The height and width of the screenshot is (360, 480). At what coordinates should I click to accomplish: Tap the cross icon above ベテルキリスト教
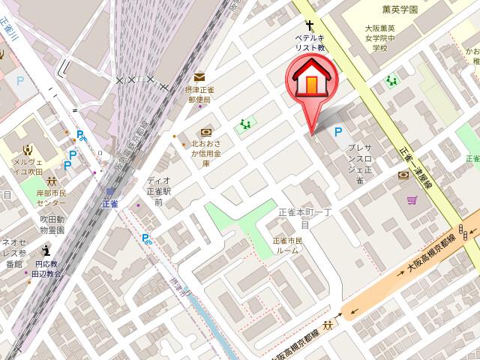pyautogui.click(x=308, y=25)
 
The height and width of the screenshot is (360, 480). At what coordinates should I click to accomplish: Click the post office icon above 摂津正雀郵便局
pyautogui.click(x=199, y=76)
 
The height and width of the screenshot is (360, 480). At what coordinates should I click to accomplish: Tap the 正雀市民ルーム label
pyautogui.click(x=285, y=244)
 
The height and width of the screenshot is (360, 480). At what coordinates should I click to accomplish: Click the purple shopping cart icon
pyautogui.click(x=412, y=200)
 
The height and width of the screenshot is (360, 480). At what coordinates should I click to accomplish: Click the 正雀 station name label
pyautogui.click(x=110, y=203)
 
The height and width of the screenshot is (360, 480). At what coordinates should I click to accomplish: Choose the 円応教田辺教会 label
pyautogui.click(x=46, y=268)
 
